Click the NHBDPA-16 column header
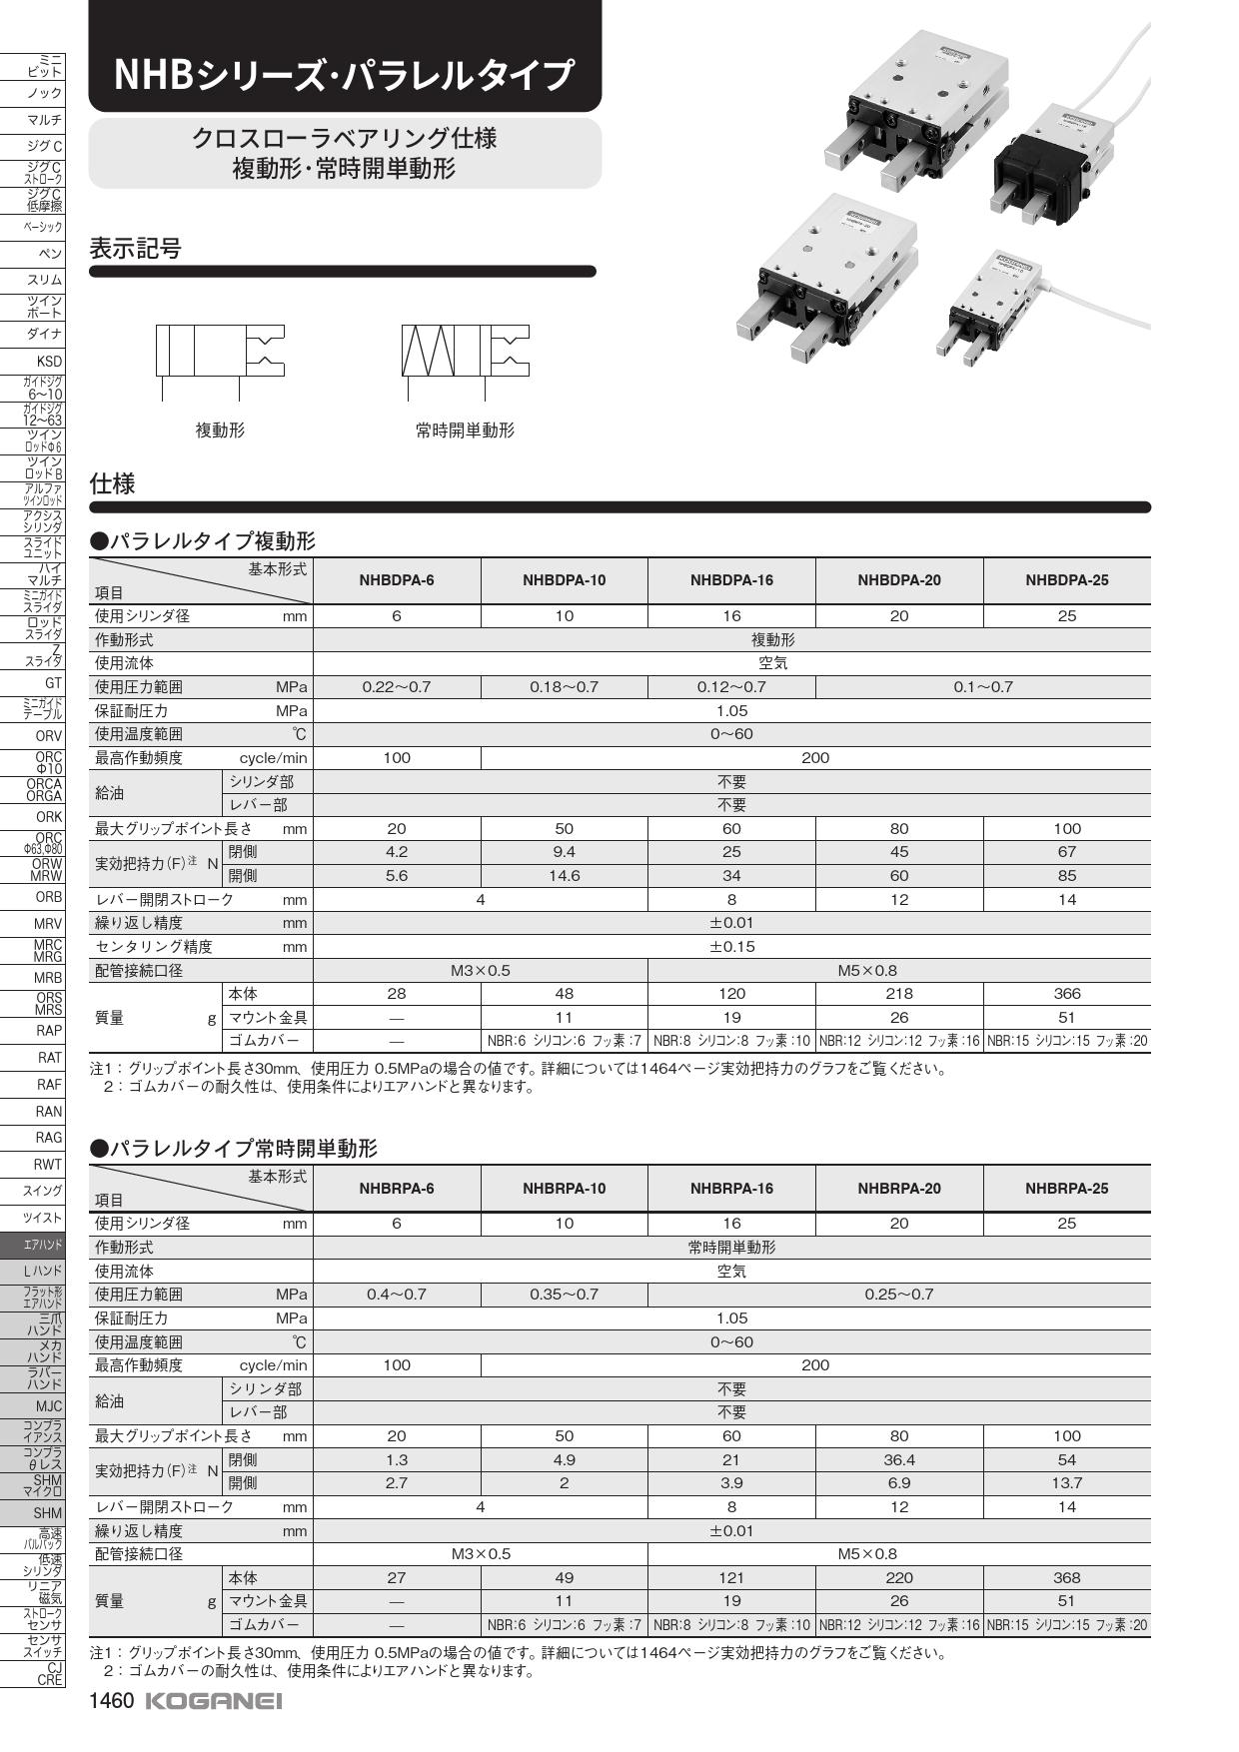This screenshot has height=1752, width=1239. click(731, 580)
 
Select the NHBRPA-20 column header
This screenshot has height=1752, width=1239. click(899, 1189)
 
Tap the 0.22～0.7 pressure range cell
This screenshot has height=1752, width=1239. click(397, 687)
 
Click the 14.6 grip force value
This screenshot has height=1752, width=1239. click(565, 876)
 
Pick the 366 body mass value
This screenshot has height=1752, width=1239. click(1067, 994)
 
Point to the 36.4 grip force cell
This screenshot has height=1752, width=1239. click(899, 1460)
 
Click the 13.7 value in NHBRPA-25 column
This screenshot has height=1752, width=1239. click(1067, 1483)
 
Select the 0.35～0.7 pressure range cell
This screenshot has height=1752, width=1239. click(565, 1295)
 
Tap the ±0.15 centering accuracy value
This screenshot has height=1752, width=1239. click(731, 947)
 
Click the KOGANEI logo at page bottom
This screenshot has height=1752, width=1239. click(214, 1701)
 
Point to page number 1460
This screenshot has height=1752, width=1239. click(111, 1701)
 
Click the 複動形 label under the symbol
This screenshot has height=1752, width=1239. click(220, 431)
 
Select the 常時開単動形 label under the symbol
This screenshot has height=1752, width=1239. click(465, 431)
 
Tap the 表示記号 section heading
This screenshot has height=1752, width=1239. click(136, 249)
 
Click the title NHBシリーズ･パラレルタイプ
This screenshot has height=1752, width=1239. click(344, 75)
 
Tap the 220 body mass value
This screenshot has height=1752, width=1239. click(899, 1578)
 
